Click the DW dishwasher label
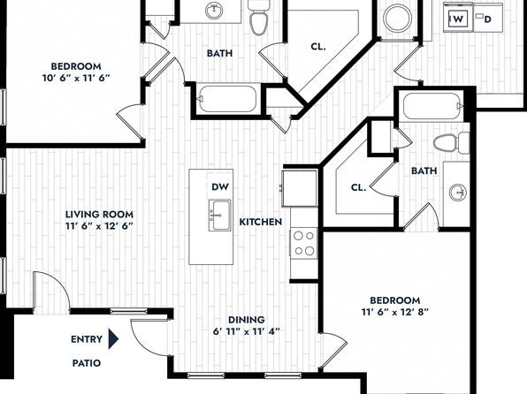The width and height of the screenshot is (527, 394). coord(220,186)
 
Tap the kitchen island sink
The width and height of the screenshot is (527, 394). coord(220,216)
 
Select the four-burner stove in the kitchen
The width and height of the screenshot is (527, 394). coord(303,243)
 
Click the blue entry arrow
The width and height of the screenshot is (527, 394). coord(113,339)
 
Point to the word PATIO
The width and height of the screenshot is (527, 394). coord(87,363)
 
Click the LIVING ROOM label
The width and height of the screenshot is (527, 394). coord(99,215)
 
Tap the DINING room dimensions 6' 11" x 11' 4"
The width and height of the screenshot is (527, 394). coord(247,331)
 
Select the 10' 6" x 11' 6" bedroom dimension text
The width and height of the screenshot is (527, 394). coord(76,78)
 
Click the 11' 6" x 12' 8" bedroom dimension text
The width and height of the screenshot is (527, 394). coord(395,312)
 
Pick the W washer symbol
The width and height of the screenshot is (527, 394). coord(458,19)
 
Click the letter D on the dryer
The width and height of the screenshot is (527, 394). coord(488,19)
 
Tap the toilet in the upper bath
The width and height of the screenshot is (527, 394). coord(258,17)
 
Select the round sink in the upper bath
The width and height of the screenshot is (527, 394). coord(214,10)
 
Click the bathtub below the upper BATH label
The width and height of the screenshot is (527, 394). coord(228,99)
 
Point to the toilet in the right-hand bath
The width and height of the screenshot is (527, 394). coord(451,143)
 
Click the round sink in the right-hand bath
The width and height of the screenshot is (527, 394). coord(458,193)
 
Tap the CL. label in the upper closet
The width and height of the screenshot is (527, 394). coord(318,47)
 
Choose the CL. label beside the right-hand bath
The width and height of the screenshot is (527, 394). coord(358,187)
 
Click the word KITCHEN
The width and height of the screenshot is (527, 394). coord(261,222)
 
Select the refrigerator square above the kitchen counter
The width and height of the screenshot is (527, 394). coord(300,188)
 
